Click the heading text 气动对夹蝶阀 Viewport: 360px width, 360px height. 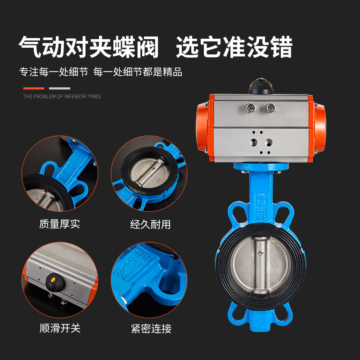click(x=89, y=47)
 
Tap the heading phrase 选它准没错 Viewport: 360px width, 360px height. click(x=234, y=47)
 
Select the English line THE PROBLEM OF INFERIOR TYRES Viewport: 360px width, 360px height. click(x=62, y=96)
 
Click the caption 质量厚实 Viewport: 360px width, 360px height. click(x=59, y=224)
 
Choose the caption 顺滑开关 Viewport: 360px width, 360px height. click(x=60, y=328)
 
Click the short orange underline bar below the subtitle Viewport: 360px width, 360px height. click(x=34, y=89)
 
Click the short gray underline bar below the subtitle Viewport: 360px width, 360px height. click(x=59, y=89)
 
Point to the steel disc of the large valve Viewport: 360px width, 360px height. click(x=261, y=265)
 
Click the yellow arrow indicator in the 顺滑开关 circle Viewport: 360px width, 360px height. click(x=53, y=280)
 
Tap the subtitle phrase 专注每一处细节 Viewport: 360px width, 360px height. click(x=53, y=72)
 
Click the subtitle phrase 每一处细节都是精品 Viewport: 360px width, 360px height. click(x=138, y=72)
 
